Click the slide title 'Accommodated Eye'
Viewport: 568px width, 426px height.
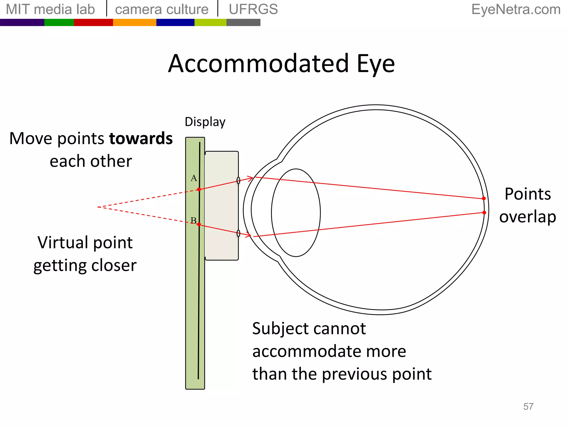(x=281, y=64)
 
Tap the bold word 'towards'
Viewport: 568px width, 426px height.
(x=141, y=139)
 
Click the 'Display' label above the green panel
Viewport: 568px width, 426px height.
(x=205, y=122)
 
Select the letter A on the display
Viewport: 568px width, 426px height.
(x=194, y=178)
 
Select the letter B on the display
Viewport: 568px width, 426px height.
(x=194, y=220)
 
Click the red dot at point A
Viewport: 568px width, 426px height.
(x=199, y=189)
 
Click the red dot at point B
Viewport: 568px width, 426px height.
(x=199, y=224)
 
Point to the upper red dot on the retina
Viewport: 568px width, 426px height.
(x=484, y=199)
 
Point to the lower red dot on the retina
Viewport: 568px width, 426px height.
(x=484, y=213)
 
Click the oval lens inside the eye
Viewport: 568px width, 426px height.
(x=296, y=213)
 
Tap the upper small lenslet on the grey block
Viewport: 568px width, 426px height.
(x=238, y=181)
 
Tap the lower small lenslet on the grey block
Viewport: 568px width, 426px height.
(x=238, y=233)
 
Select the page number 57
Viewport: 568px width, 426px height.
(x=528, y=407)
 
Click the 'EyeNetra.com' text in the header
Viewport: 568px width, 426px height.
(x=516, y=9)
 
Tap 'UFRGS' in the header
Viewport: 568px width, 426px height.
(x=253, y=9)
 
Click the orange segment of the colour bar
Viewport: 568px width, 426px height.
(x=135, y=22)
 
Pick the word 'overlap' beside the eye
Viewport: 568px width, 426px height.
(x=528, y=217)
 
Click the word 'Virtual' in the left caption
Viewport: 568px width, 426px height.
(x=61, y=243)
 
